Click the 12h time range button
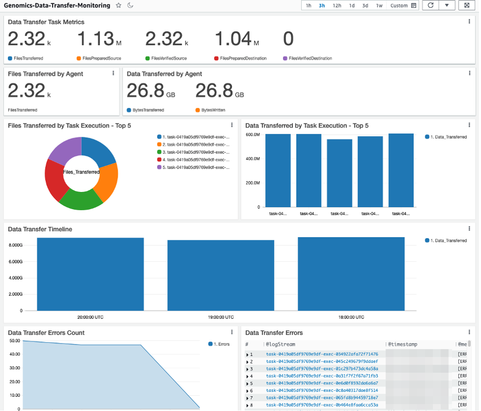click(337, 5)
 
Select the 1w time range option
click(379, 5)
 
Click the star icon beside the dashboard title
click(119, 5)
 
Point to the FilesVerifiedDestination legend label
click(310, 59)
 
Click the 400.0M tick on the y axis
click(253, 158)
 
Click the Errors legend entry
click(221, 344)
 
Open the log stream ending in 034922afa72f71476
click(322, 354)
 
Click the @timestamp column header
click(402, 344)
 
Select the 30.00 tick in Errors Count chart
click(14, 381)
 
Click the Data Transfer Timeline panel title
click(40, 229)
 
